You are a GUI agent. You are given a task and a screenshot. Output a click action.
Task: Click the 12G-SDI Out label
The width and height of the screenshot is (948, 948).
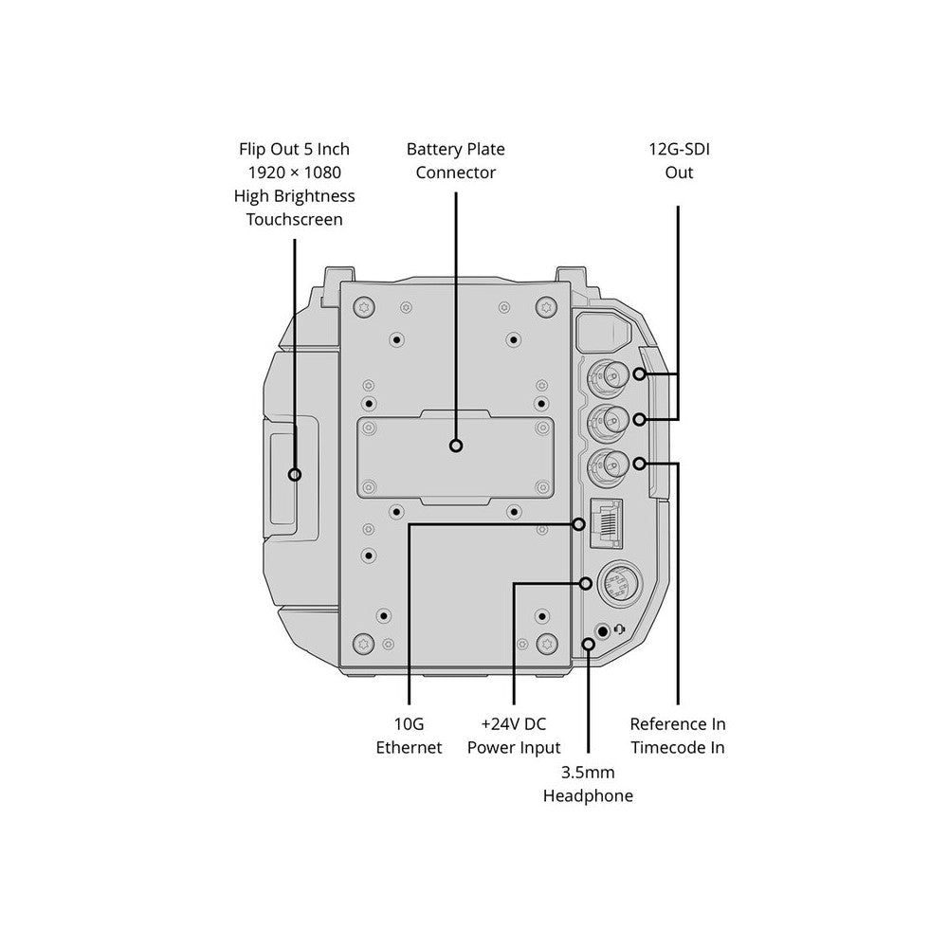679,161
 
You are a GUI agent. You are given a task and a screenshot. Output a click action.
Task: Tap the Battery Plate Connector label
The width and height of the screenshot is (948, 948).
455,161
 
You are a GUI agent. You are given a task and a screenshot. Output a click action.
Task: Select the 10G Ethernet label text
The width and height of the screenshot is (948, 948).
409,736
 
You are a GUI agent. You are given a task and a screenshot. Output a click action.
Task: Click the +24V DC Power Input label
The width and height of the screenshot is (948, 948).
514,736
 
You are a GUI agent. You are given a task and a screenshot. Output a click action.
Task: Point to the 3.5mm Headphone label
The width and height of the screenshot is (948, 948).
588,784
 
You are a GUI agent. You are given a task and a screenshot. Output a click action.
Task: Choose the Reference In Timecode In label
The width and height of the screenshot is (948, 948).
678,736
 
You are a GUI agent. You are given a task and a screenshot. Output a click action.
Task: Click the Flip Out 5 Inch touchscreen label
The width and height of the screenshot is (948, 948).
295,184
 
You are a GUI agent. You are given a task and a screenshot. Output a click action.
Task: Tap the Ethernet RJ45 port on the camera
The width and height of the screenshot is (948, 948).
606,523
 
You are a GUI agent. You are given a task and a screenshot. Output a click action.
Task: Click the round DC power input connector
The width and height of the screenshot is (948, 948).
619,584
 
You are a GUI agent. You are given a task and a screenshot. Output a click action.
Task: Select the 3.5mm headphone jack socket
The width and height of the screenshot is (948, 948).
602,631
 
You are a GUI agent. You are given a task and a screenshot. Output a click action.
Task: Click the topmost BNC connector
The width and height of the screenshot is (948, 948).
606,376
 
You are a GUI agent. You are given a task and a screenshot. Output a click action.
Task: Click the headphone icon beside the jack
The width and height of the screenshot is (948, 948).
620,629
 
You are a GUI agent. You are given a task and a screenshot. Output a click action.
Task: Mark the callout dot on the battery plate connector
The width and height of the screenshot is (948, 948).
457,446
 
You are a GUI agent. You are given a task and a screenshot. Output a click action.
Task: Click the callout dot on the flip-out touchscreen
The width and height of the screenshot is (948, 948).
295,474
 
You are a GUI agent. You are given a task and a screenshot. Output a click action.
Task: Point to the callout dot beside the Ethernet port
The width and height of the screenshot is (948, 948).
578,523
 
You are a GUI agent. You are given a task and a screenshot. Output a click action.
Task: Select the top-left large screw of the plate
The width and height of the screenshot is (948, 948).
364,305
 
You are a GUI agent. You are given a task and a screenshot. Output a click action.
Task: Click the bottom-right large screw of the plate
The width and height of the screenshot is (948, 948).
546,644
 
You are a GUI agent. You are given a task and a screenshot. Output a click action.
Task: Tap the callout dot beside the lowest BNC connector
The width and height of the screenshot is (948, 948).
640,464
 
